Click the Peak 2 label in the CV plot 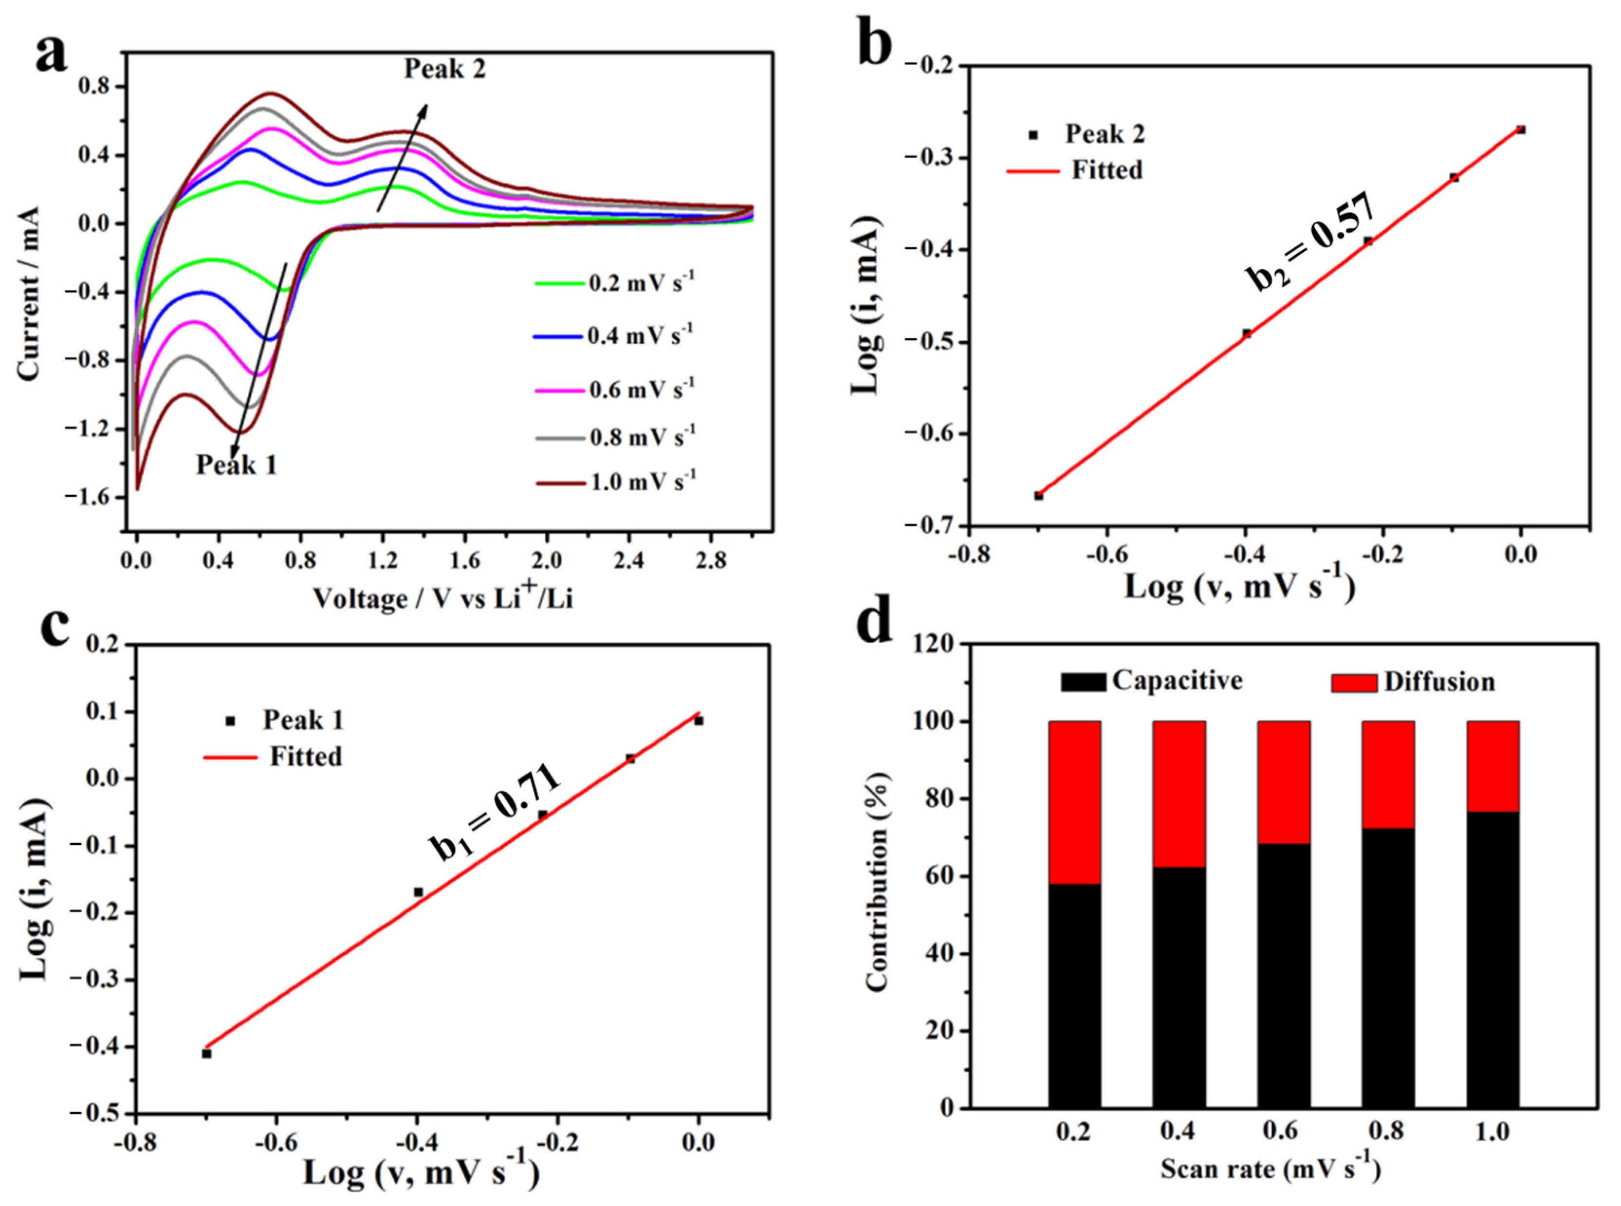pos(444,69)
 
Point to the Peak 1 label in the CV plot pos(237,465)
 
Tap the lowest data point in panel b pos(1038,496)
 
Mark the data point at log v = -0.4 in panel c pos(418,892)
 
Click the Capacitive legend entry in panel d pos(1152,681)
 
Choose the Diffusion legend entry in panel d pos(1412,683)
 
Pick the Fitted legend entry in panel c pos(305,756)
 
